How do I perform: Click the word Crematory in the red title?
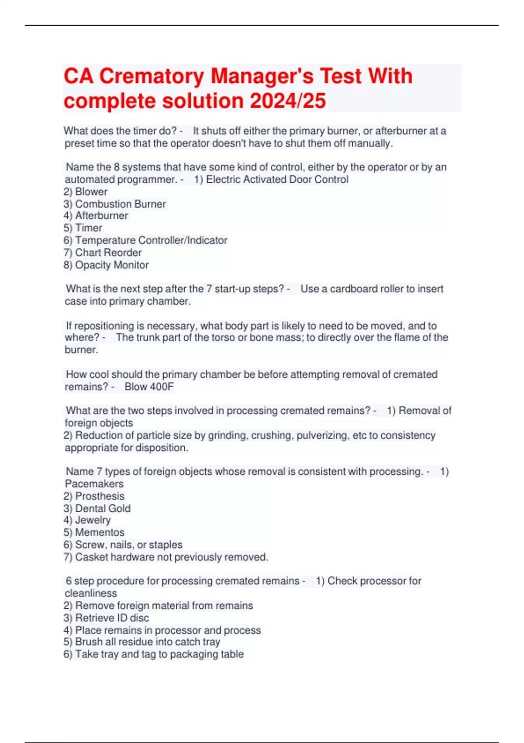[151, 76]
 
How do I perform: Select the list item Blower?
[91, 192]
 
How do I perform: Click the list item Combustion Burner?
[120, 204]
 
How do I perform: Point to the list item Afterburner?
[101, 216]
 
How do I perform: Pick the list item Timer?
[88, 228]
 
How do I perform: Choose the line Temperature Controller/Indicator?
[151, 240]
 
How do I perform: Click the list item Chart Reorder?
[108, 253]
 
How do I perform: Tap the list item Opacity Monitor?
[111, 265]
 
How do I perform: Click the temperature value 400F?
[162, 387]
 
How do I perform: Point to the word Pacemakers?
[94, 484]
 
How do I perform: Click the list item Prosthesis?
[100, 496]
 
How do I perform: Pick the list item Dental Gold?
[103, 508]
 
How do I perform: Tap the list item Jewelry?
[93, 520]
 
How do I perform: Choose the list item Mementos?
[100, 532]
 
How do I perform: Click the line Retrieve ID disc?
[112, 618]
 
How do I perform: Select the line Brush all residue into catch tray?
[147, 642]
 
